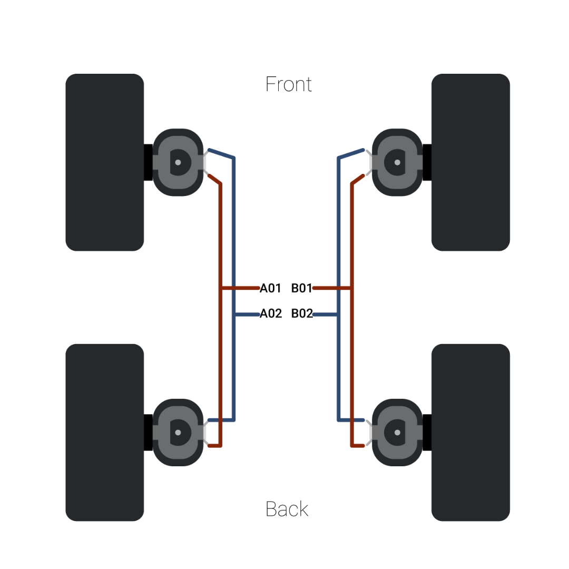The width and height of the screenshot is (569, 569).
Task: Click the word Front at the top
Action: (x=288, y=84)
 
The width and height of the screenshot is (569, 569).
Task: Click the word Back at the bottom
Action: (x=287, y=509)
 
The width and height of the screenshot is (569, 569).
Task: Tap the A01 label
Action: (x=270, y=288)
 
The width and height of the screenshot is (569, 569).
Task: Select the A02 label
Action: (x=271, y=314)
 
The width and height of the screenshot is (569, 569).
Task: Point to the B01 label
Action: (x=301, y=288)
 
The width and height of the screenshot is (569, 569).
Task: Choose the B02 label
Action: (x=302, y=314)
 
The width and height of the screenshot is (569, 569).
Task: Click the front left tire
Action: (x=104, y=162)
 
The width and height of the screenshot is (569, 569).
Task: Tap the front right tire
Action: (x=470, y=162)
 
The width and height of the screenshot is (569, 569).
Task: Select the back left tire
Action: (x=104, y=433)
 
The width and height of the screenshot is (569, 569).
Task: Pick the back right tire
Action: (x=470, y=433)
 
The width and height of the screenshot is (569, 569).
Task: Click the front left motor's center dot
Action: (x=178, y=162)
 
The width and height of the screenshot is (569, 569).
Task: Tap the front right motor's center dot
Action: (x=397, y=162)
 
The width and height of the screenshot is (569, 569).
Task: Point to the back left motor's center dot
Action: (x=178, y=433)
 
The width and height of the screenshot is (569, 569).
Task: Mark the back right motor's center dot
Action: (x=397, y=433)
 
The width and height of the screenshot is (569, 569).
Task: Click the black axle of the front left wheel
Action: (x=148, y=162)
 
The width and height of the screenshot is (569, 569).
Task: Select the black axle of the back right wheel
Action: (x=427, y=433)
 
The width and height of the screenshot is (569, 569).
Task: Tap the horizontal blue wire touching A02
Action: (x=247, y=315)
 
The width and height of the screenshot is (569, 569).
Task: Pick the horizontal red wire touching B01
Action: (x=332, y=288)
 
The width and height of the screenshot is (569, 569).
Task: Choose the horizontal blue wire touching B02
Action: (x=325, y=315)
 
